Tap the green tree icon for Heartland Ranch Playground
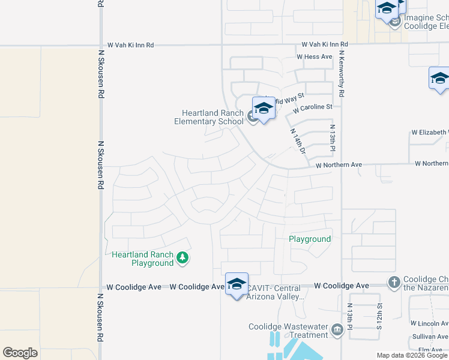pos(182,259)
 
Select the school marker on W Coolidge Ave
pos(237,284)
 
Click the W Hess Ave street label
pos(314,57)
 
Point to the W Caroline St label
pos(312,107)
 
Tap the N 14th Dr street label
pos(298,141)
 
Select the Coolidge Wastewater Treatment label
pos(288,331)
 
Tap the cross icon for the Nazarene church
pos(394,281)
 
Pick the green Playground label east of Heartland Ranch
pos(310,239)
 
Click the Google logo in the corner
pos(20,353)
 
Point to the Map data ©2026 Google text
pos(412,355)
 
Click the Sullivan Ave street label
pos(430,337)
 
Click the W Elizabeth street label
pos(429,133)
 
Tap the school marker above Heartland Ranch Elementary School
pos(263,109)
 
